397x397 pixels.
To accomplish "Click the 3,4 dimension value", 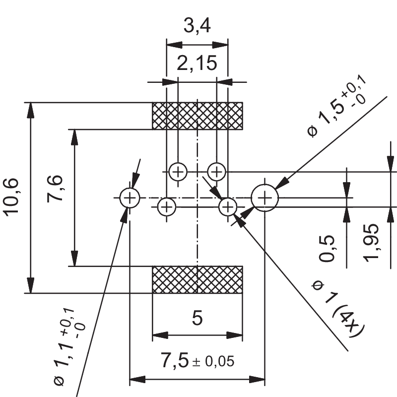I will (x=197, y=26).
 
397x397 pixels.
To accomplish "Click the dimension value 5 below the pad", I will (x=197, y=318).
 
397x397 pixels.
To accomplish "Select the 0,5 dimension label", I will (x=328, y=248).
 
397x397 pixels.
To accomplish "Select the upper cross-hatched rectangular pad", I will (x=197, y=116).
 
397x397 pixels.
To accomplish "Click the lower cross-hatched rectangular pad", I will (x=197, y=279).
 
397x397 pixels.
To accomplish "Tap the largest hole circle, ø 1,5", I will (x=265, y=198).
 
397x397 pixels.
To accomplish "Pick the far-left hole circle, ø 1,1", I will (x=129, y=198).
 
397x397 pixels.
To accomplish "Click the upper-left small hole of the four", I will (x=178, y=172).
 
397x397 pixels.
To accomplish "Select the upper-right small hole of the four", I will (x=216, y=172).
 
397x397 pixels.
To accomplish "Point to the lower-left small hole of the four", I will (x=167, y=206).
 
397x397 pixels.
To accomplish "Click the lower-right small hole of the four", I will (x=228, y=206).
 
